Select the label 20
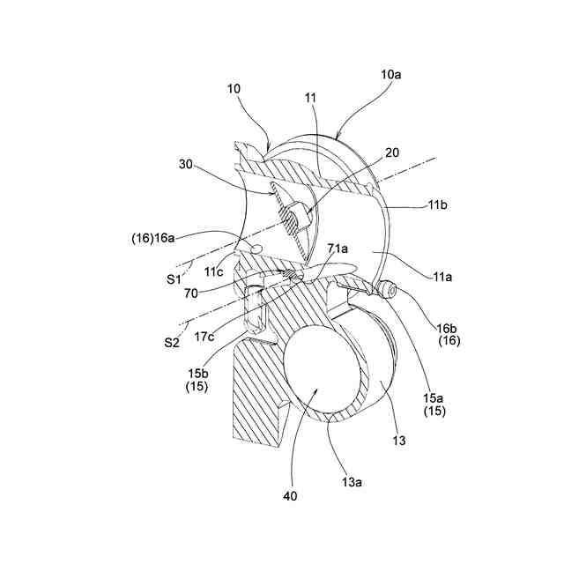[391, 152]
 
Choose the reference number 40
[291, 496]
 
